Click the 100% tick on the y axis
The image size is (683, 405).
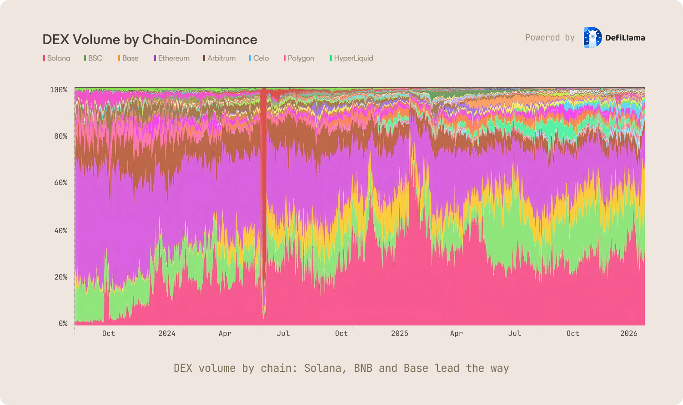tap(59, 90)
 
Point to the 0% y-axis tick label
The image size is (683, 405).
tap(62, 324)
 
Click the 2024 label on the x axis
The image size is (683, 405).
tap(167, 334)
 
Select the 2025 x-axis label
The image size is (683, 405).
tap(400, 334)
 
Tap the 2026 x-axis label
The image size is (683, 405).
tap(629, 334)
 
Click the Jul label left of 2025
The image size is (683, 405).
tap(283, 334)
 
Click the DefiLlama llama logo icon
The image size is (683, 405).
tap(592, 37)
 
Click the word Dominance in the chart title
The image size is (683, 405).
tap(221, 40)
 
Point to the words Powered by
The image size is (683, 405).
tap(550, 38)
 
